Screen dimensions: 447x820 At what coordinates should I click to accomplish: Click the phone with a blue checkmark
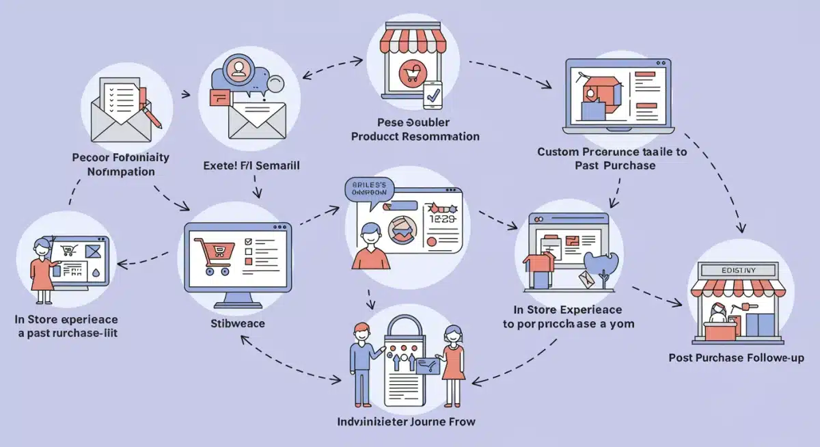click(x=433, y=96)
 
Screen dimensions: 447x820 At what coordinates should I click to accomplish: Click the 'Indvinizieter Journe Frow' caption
click(x=406, y=421)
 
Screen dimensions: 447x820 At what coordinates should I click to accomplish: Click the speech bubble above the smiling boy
click(x=369, y=189)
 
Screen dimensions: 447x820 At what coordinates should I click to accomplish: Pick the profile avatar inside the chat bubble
click(x=238, y=67)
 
